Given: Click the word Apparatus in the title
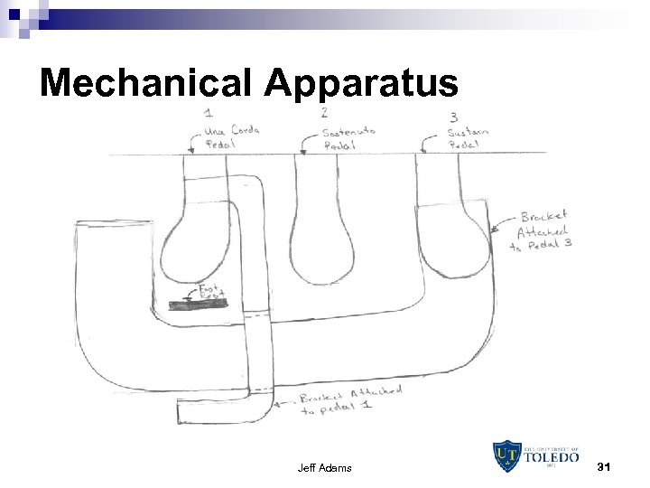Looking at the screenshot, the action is pyautogui.click(x=362, y=84).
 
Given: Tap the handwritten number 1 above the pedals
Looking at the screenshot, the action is pyautogui.click(x=209, y=114).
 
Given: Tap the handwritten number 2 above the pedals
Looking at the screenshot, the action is pyautogui.click(x=325, y=112).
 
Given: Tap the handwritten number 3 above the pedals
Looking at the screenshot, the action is pyautogui.click(x=452, y=117).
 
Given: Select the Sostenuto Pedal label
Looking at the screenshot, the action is pyautogui.click(x=348, y=137).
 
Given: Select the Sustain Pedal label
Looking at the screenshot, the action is pyautogui.click(x=469, y=138).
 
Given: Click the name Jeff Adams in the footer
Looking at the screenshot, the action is pyautogui.click(x=324, y=467).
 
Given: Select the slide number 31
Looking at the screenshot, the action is pyautogui.click(x=605, y=466).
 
